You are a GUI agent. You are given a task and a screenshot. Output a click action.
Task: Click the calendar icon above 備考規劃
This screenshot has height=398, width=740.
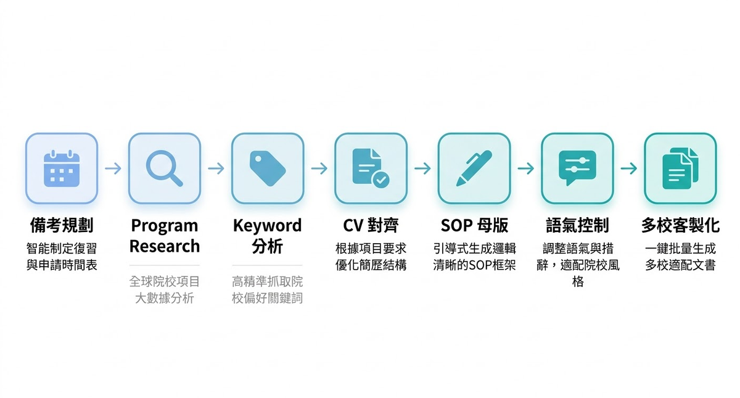pyautogui.click(x=62, y=168)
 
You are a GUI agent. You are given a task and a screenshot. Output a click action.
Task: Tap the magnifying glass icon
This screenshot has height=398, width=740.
pyautogui.click(x=165, y=168)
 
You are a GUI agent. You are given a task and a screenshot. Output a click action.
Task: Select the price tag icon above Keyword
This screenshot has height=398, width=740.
pyautogui.click(x=268, y=168)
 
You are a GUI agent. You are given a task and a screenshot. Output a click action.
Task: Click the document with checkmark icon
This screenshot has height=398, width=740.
pyautogui.click(x=371, y=168)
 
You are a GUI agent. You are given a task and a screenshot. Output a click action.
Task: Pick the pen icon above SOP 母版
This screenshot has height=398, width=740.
pyautogui.click(x=474, y=168)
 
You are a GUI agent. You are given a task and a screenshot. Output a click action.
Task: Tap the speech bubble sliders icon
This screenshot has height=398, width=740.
pyautogui.click(x=577, y=168)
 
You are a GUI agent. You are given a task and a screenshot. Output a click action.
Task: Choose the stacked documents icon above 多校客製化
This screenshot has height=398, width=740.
pyautogui.click(x=680, y=168)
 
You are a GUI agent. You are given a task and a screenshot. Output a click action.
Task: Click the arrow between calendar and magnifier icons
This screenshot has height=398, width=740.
pyautogui.click(x=113, y=168)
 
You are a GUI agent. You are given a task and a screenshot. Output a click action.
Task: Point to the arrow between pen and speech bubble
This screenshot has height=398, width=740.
pyautogui.click(x=525, y=168)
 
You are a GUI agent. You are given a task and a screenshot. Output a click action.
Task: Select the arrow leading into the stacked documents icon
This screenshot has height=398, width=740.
pyautogui.click(x=628, y=168)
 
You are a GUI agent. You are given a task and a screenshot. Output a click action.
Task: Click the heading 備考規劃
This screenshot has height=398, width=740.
pyautogui.click(x=62, y=226)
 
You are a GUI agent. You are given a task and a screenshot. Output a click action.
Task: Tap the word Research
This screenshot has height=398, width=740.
pyautogui.click(x=165, y=246)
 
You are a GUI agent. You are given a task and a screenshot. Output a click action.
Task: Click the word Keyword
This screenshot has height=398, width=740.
pyautogui.click(x=268, y=226)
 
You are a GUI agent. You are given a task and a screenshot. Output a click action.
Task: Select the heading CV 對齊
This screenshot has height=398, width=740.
pyautogui.click(x=371, y=226)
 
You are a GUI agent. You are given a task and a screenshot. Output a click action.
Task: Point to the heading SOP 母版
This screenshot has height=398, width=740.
pyautogui.click(x=474, y=226)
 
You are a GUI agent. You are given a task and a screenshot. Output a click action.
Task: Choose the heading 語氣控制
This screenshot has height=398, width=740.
pyautogui.click(x=577, y=226)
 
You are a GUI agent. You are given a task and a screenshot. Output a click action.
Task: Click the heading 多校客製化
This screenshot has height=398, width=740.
pyautogui.click(x=680, y=226)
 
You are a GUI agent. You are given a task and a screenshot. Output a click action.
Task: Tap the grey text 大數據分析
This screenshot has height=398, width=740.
pyautogui.click(x=165, y=299)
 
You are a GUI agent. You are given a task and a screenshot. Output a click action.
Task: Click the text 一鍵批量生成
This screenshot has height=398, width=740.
pyautogui.click(x=680, y=249)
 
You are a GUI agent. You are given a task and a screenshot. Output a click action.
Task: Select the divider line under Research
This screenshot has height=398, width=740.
pyautogui.click(x=165, y=265)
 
